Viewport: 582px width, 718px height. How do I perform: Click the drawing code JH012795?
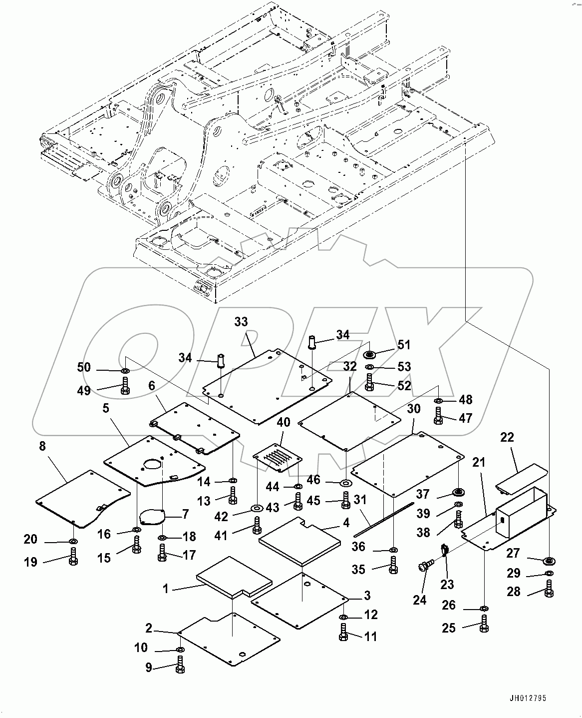(x=531, y=699)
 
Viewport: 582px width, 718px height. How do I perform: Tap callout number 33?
(x=241, y=321)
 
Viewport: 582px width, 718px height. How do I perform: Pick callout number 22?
(x=507, y=438)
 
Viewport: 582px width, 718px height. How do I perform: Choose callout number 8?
(x=42, y=446)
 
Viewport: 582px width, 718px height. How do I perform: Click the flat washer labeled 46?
(x=345, y=483)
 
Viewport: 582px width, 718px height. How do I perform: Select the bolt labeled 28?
(x=549, y=590)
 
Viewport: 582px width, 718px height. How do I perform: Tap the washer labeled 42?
(x=257, y=509)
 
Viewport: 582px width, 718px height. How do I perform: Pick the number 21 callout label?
(x=479, y=463)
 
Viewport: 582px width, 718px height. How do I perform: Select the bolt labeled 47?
(x=438, y=416)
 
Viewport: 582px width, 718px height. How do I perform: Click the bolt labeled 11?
(x=344, y=632)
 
